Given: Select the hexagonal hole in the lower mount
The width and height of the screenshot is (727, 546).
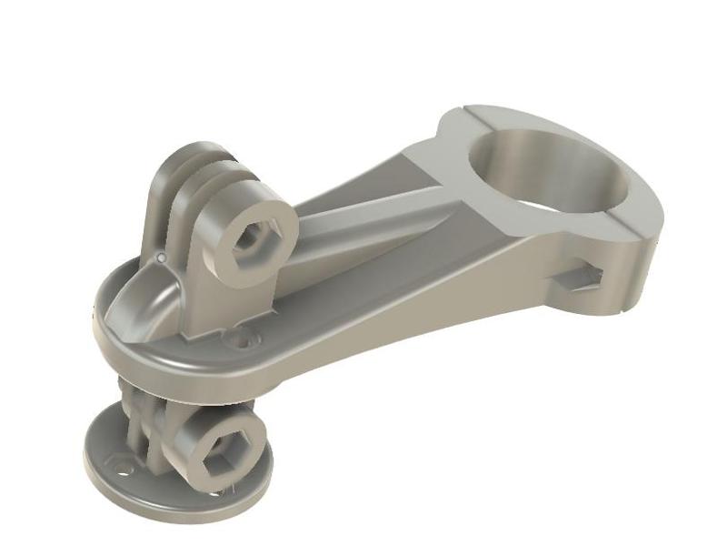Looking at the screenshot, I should click(x=219, y=448).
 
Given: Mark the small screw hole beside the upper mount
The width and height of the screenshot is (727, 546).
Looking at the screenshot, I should click(x=244, y=341).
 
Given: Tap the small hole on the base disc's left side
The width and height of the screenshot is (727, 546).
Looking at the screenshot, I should click(x=121, y=470).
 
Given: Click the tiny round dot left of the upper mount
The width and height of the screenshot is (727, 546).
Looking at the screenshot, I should click(x=160, y=259).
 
